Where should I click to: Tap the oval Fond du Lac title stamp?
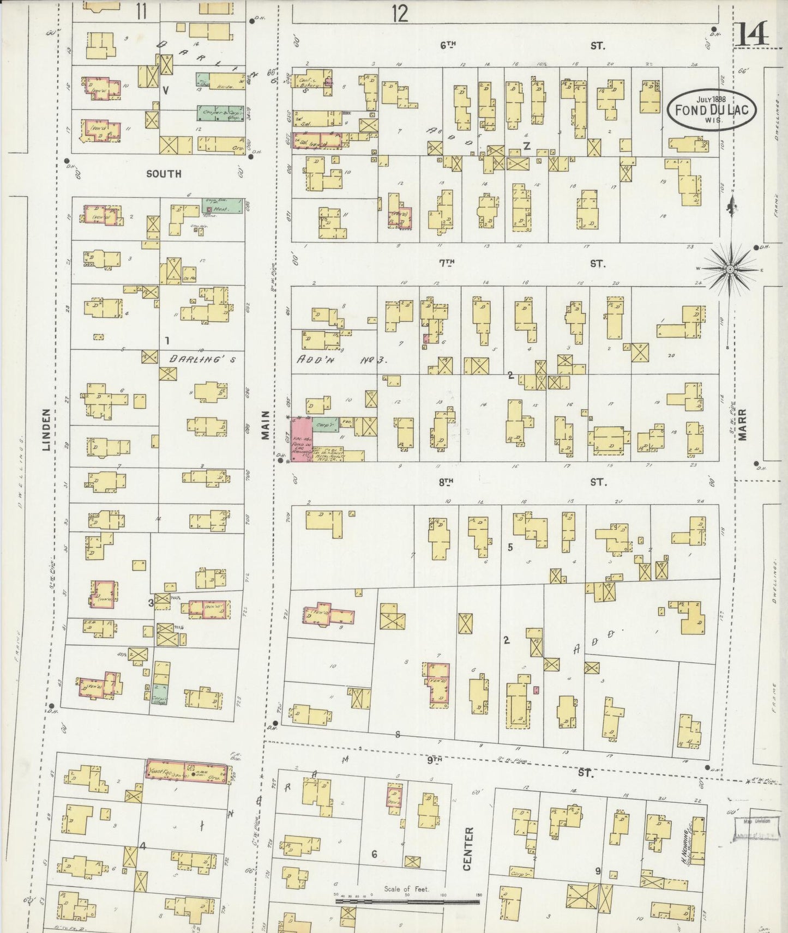[712, 110]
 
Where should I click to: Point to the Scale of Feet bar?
[407, 902]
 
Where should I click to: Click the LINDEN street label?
[47, 431]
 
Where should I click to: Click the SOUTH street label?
[164, 174]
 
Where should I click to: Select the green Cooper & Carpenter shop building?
[219, 113]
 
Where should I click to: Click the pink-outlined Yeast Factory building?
[186, 770]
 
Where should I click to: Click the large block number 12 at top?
[400, 14]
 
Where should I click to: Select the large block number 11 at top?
[141, 11]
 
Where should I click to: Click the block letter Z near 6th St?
[527, 146]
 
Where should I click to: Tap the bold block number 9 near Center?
[598, 871]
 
